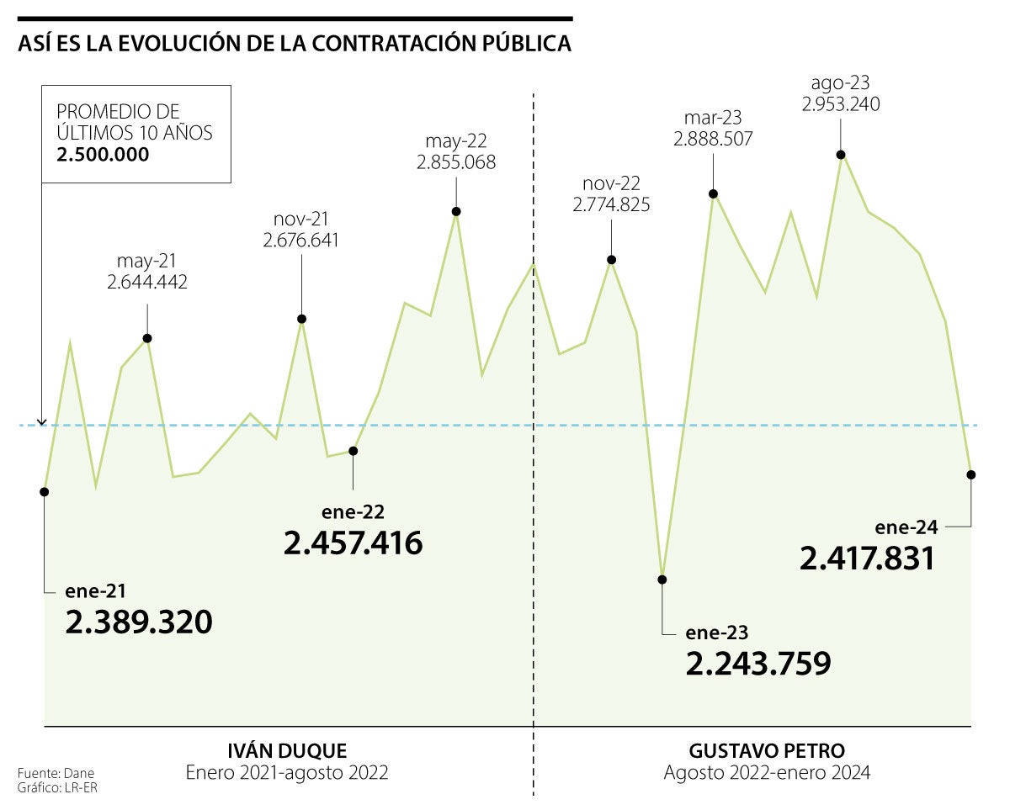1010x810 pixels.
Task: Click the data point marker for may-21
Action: (147, 338)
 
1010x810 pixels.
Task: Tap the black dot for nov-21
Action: (301, 319)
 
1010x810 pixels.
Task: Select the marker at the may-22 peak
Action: (456, 211)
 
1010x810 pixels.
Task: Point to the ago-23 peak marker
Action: (841, 154)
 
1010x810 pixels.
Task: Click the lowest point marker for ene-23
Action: (662, 579)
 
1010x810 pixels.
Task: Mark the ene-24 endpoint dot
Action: (971, 474)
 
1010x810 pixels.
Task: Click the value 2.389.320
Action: (139, 622)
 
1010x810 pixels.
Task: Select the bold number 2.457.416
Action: (353, 543)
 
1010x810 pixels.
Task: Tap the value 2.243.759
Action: (758, 664)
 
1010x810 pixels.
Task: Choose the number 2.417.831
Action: (868, 559)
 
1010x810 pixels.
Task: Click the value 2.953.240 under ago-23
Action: (841, 104)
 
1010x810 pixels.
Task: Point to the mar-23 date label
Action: (713, 119)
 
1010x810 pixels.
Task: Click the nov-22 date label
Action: (611, 184)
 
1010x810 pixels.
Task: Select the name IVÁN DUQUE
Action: (287, 750)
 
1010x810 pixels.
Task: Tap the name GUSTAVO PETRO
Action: (767, 750)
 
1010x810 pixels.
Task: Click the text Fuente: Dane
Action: (50, 772)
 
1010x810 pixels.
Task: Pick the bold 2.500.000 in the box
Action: (103, 155)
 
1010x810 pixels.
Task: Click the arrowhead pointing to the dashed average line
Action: (42, 422)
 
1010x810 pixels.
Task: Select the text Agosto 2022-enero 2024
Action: (767, 772)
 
